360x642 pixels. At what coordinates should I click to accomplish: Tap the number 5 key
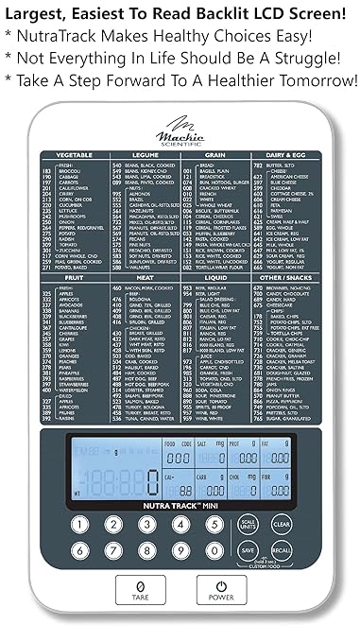[213, 524]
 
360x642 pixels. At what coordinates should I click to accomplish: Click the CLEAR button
[280, 523]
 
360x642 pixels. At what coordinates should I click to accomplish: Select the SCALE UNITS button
[249, 523]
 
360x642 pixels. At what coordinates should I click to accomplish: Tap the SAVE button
[249, 549]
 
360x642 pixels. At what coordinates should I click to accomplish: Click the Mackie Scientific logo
[180, 125]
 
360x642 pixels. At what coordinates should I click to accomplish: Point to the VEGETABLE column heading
[74, 152]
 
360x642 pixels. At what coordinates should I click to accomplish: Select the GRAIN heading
[214, 152]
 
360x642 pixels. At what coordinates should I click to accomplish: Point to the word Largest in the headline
[39, 13]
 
